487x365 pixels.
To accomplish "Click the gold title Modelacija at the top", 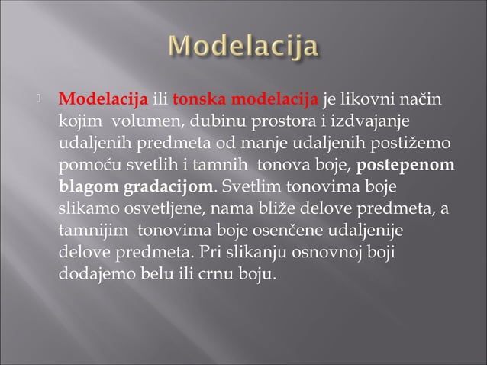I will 243,47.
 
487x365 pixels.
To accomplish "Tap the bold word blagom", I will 89,187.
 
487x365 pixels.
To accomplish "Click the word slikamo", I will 85,209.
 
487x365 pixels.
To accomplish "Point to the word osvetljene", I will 163,209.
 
